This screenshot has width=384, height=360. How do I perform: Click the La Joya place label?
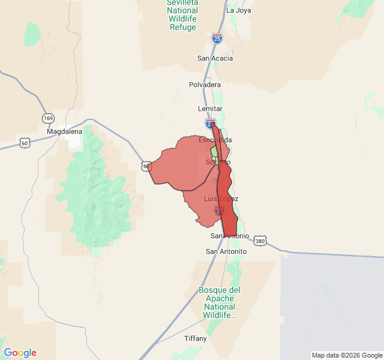(x=239, y=10)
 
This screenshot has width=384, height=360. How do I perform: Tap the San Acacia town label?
(x=215, y=58)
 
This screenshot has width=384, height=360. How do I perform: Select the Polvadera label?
(x=205, y=85)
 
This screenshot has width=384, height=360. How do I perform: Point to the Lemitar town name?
(x=210, y=109)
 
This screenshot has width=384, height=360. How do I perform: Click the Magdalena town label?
(x=64, y=131)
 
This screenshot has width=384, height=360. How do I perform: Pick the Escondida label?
(x=215, y=140)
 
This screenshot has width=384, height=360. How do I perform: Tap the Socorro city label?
(x=218, y=162)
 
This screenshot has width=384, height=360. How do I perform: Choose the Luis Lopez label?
(x=221, y=199)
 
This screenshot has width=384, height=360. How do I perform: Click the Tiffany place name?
(x=196, y=338)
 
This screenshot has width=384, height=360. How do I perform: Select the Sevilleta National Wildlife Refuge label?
(x=182, y=15)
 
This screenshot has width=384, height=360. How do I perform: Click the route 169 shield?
(x=47, y=118)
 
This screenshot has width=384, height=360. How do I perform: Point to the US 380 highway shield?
(x=259, y=241)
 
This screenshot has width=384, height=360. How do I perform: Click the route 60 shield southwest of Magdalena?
(x=24, y=143)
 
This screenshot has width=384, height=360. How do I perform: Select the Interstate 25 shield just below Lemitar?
(x=210, y=122)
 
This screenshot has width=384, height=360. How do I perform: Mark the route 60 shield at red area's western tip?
(x=145, y=166)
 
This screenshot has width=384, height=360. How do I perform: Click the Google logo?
(x=20, y=353)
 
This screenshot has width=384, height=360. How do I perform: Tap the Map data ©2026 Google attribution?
(x=347, y=355)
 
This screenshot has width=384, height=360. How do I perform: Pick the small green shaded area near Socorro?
(x=214, y=151)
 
